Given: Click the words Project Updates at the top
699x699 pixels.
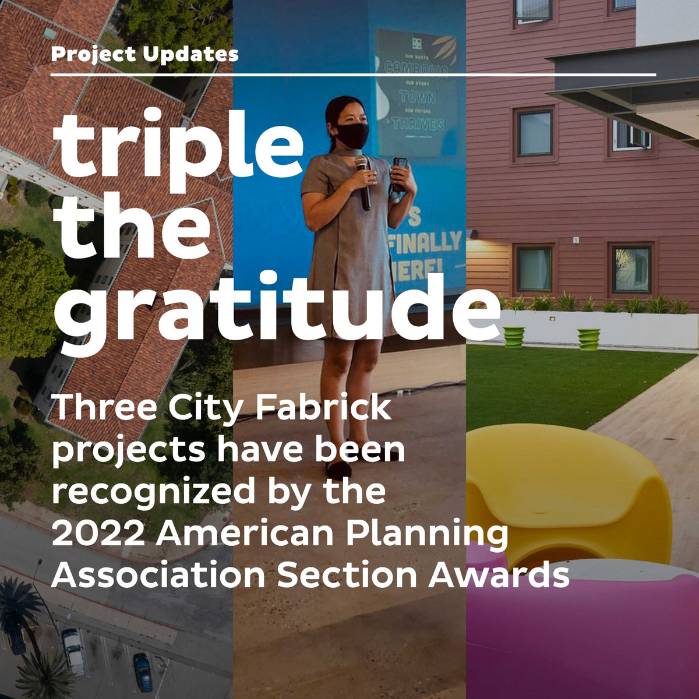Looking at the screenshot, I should (x=144, y=55).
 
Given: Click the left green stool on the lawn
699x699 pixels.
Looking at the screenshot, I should (x=514, y=337).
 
